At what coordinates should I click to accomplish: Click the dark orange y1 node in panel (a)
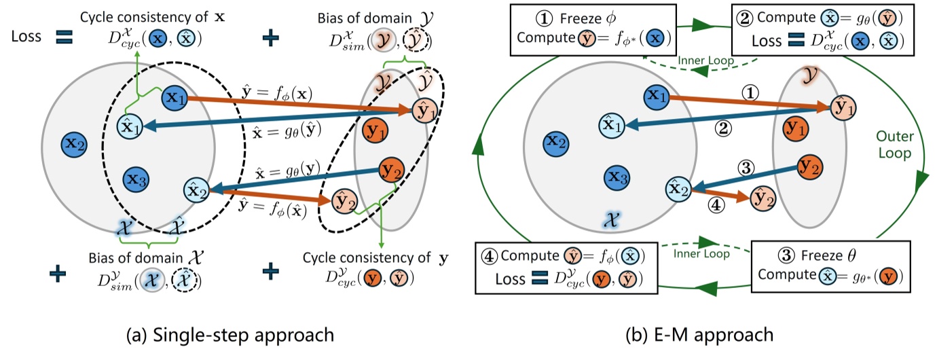373,130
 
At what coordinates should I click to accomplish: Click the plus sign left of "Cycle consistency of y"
271,272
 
